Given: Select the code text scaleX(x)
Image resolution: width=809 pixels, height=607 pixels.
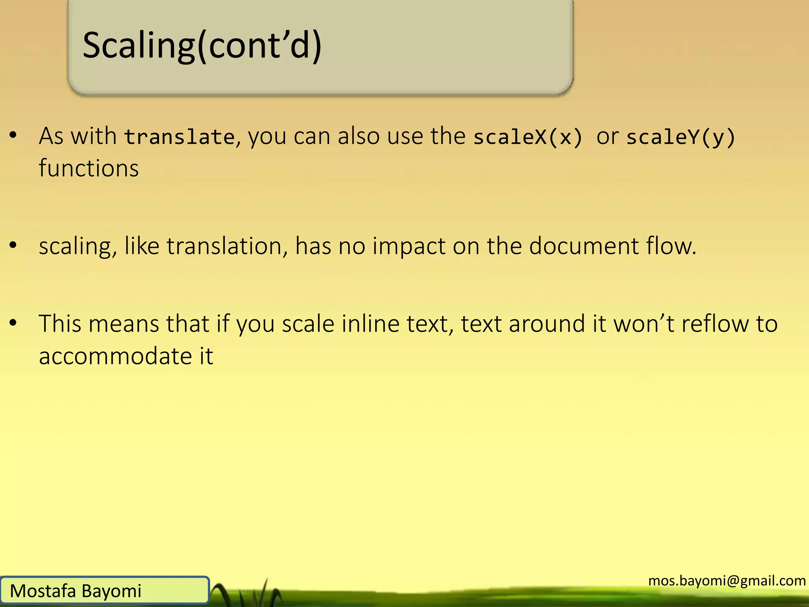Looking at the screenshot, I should click(x=528, y=137).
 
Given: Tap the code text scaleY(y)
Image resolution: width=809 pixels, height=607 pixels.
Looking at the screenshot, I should click(x=681, y=137).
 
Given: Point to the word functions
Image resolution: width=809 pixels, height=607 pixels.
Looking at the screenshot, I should click(x=89, y=168).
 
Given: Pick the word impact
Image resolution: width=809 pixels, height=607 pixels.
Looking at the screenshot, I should click(x=409, y=247).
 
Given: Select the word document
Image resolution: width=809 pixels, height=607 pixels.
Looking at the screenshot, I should click(x=584, y=246).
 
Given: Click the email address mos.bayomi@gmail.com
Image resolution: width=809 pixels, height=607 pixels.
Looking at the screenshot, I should click(x=727, y=581).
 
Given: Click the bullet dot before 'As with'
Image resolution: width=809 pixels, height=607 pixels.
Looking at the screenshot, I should click(x=13, y=136).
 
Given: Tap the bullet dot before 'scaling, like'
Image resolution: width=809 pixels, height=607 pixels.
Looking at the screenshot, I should click(x=13, y=245).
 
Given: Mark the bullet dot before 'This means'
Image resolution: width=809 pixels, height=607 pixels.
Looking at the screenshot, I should click(x=13, y=323).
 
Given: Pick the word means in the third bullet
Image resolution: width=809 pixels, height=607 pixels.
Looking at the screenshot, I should click(x=124, y=324).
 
